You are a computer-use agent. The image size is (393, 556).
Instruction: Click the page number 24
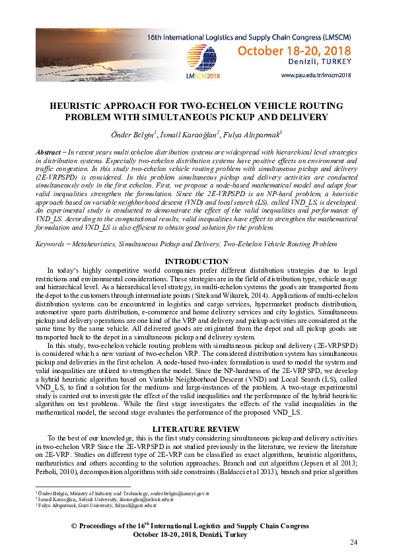[352, 543]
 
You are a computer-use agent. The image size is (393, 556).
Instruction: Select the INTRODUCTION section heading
[196, 262]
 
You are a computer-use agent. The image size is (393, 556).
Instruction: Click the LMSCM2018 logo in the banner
[205, 75]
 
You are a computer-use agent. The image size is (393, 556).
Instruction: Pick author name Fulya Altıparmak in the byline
[254, 135]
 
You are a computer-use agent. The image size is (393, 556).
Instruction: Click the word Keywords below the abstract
[50, 244]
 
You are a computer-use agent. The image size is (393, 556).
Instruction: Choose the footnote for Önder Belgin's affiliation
[122, 493]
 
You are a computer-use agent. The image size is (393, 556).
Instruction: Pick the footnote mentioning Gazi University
[108, 504]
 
